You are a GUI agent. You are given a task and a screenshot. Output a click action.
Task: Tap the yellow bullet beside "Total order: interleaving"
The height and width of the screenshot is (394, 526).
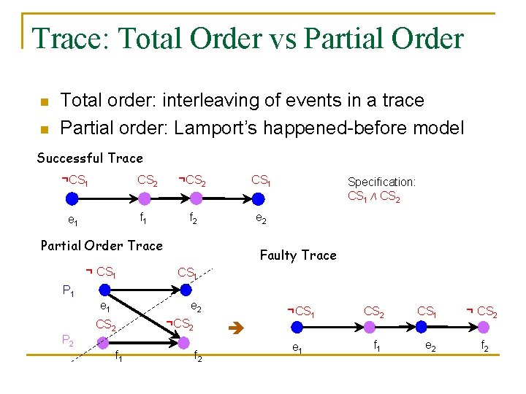pyautogui.click(x=43, y=101)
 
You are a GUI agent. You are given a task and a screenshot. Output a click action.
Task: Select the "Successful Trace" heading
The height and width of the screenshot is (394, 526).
pyautogui.click(x=90, y=158)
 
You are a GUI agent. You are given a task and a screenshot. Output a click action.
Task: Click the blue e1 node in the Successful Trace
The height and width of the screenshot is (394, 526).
pyautogui.click(x=72, y=198)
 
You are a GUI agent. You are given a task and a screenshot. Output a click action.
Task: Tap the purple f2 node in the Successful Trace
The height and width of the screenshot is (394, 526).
pyautogui.click(x=195, y=198)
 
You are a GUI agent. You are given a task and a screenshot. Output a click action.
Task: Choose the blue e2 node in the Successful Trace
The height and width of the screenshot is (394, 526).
pyautogui.click(x=257, y=198)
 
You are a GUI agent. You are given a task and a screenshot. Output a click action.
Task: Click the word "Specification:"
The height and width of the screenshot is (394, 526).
pyautogui.click(x=381, y=182)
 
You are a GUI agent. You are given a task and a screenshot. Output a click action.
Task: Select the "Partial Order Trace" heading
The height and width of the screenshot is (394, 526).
pyautogui.click(x=102, y=245)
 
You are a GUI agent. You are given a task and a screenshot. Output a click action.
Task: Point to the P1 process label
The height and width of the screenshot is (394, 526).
pyautogui.click(x=69, y=291)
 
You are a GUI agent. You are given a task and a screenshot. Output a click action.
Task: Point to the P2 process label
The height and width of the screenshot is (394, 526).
pyautogui.click(x=67, y=339)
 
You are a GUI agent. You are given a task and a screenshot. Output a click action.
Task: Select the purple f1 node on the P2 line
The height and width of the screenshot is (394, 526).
pyautogui.click(x=103, y=341)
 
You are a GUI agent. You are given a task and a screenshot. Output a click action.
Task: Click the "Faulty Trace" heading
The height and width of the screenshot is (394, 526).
pyautogui.click(x=298, y=255)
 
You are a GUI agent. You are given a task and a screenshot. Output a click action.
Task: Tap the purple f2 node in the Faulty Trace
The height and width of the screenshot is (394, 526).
pyautogui.click(x=487, y=330)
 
